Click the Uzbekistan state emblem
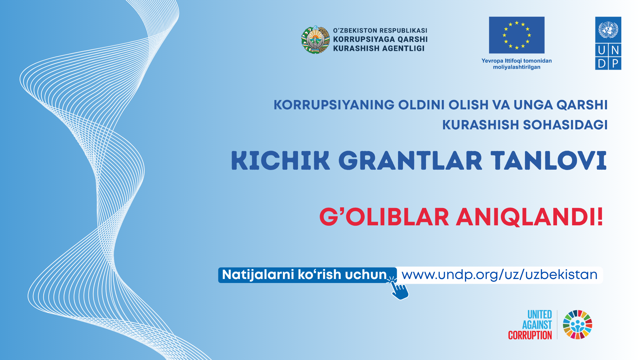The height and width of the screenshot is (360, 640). click(x=315, y=40)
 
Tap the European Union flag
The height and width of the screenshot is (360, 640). click(x=517, y=35)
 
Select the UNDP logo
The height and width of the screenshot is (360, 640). click(x=608, y=43)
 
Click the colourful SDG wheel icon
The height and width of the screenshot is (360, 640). click(x=578, y=325)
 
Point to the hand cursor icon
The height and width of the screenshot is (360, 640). click(x=399, y=289)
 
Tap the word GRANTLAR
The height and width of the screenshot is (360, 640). click(x=410, y=161)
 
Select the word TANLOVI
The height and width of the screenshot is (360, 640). click(x=549, y=161)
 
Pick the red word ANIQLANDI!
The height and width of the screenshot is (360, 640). click(x=530, y=217)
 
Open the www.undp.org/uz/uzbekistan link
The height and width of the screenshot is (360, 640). click(x=499, y=275)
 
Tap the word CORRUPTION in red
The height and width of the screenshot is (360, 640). click(x=530, y=335)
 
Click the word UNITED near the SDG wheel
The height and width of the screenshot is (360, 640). click(x=540, y=315)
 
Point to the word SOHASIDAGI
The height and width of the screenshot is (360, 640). click(x=565, y=125)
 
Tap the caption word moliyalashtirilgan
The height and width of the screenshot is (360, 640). click(x=517, y=67)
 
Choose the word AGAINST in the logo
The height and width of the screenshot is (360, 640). click(x=537, y=325)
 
